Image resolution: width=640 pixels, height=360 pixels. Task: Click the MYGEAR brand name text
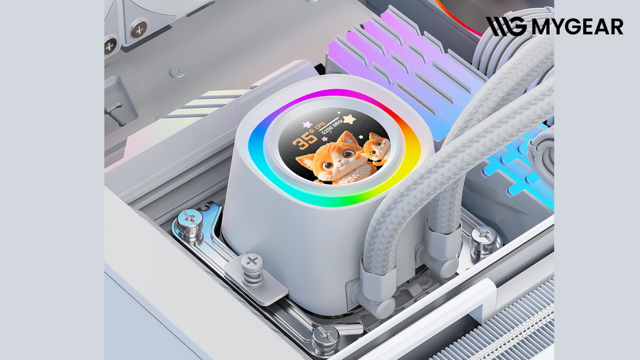(577, 27)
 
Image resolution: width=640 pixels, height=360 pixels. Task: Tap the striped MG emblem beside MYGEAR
(506, 26)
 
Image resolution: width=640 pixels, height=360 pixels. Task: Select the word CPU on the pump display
(319, 125)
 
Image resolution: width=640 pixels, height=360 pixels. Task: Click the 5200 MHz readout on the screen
(332, 126)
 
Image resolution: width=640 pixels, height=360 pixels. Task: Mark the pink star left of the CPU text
(307, 125)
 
